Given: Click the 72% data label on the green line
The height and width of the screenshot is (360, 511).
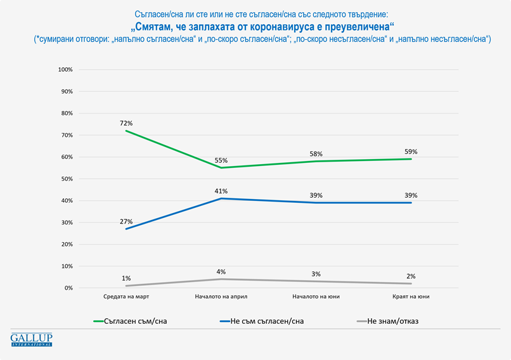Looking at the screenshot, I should click(x=126, y=122).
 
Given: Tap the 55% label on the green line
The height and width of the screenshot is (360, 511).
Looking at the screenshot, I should click(x=221, y=160).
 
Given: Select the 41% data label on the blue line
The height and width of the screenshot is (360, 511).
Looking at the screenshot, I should click(x=221, y=191).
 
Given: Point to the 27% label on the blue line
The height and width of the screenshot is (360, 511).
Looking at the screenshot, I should click(x=126, y=221).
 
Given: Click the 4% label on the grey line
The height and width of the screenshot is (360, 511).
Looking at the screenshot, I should click(x=221, y=272).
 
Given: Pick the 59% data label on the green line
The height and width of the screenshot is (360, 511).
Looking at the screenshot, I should click(x=411, y=151).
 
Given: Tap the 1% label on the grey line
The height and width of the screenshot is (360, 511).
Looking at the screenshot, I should click(x=126, y=278).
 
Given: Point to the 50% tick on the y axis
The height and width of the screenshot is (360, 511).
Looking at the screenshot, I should click(x=67, y=179).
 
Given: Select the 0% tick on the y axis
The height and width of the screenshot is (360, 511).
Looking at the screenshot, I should click(x=68, y=288).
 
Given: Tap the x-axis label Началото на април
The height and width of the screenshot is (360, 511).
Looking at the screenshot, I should click(x=221, y=297).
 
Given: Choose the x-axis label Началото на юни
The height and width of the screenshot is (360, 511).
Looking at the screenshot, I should click(x=316, y=297).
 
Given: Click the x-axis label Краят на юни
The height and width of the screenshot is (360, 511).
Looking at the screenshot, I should click(x=411, y=297).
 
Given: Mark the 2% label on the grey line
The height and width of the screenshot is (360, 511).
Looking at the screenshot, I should click(x=411, y=276).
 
